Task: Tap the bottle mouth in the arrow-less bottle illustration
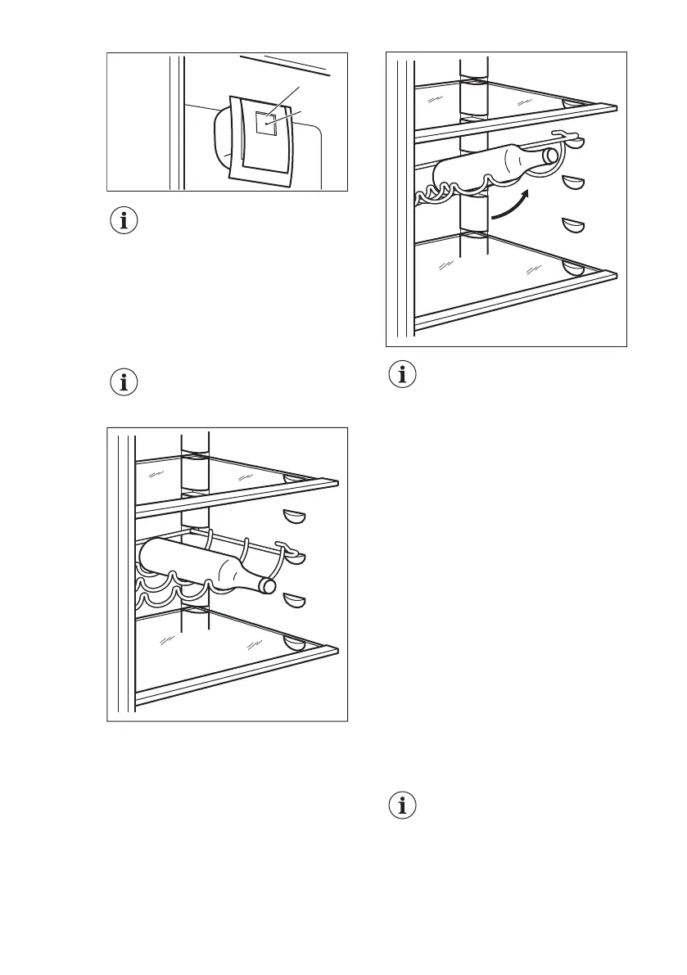(268, 586)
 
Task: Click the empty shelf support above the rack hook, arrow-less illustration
(294, 516)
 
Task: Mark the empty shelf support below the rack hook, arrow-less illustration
(294, 602)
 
